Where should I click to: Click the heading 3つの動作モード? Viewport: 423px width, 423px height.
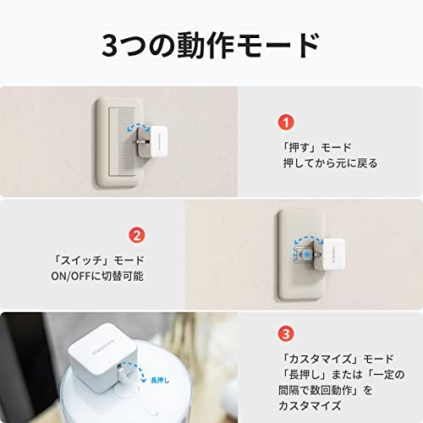211,45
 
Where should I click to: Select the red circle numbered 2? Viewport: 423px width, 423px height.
136,233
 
